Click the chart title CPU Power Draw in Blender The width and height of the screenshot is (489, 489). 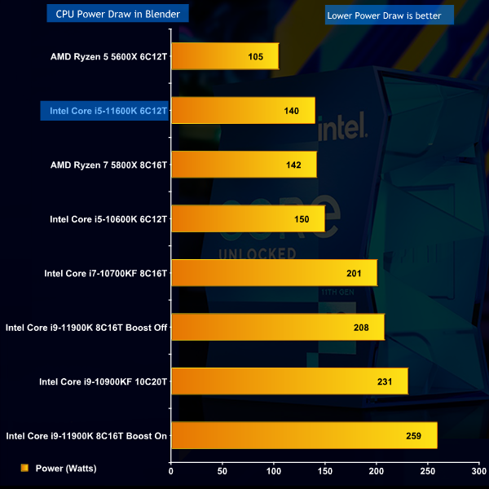pyautogui.click(x=118, y=14)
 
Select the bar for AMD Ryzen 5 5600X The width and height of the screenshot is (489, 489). pyautogui.click(x=224, y=56)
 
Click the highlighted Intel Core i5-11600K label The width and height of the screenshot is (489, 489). pyautogui.click(x=108, y=110)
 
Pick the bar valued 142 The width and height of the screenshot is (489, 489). pyautogui.click(x=243, y=164)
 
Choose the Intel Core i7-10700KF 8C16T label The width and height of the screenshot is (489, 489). pyautogui.click(x=105, y=273)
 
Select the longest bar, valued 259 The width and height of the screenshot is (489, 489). pyautogui.click(x=303, y=436)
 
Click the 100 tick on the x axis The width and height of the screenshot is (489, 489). pyautogui.click(x=274, y=470)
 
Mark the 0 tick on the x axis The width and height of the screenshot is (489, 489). pyautogui.click(x=171, y=470)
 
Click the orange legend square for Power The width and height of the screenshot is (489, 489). pyautogui.click(x=24, y=468)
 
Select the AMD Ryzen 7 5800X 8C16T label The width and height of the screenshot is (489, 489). pyautogui.click(x=108, y=165)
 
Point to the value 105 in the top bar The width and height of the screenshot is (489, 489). pyautogui.click(x=254, y=56)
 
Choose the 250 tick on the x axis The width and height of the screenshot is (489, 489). pyautogui.click(x=428, y=470)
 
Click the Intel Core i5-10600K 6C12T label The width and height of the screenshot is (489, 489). pyautogui.click(x=108, y=218)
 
